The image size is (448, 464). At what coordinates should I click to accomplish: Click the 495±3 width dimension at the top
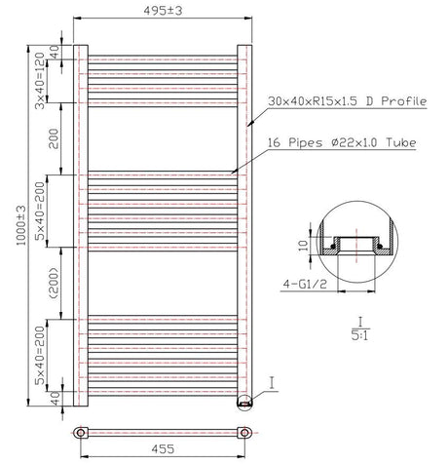coord(163,11)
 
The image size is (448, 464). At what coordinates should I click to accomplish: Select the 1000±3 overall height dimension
coord(21,225)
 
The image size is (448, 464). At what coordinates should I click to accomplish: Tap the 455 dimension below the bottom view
coord(163,449)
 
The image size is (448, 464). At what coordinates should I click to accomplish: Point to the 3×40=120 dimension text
coord(40,81)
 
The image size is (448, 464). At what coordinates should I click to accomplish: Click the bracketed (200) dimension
coord(55,284)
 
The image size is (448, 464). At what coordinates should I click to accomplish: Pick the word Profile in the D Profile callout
coord(404,101)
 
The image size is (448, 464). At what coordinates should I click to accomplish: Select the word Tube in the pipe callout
coord(401,142)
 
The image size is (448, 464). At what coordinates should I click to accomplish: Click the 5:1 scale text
coord(360,335)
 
